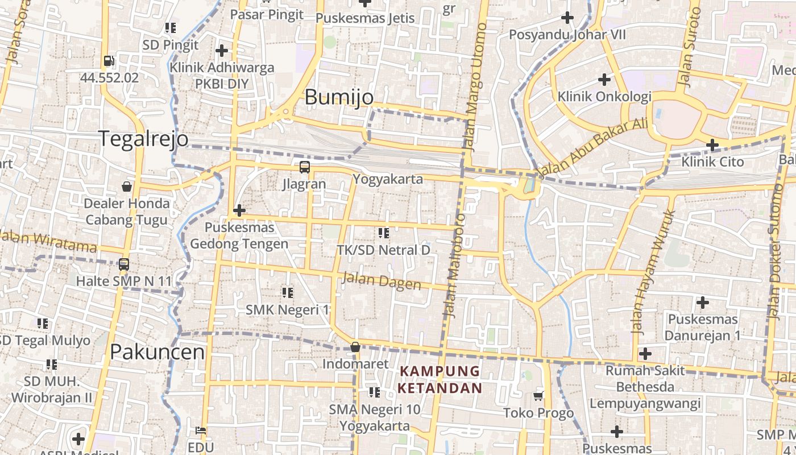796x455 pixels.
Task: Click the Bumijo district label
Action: point(339,97)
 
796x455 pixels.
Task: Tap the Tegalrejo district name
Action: point(143,139)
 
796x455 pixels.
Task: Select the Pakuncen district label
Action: point(157,352)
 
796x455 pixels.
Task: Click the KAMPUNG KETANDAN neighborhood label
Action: point(440,380)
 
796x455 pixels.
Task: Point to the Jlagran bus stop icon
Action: point(305,167)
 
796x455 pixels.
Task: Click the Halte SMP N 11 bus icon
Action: point(123,264)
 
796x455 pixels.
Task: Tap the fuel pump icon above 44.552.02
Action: point(109,61)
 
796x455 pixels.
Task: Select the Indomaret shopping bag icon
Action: point(355,347)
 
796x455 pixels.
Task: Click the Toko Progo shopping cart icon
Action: point(538,396)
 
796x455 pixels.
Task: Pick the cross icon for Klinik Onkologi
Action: point(604,80)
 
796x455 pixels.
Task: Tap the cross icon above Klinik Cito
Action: point(712,145)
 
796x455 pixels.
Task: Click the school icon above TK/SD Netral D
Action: point(384,233)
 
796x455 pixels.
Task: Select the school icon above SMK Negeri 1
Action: point(288,293)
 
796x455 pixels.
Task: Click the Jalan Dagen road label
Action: point(381,281)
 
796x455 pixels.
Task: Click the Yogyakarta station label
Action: point(388,179)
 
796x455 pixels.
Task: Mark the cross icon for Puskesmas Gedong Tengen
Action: point(239,211)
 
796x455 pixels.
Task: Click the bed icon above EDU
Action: point(200,431)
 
